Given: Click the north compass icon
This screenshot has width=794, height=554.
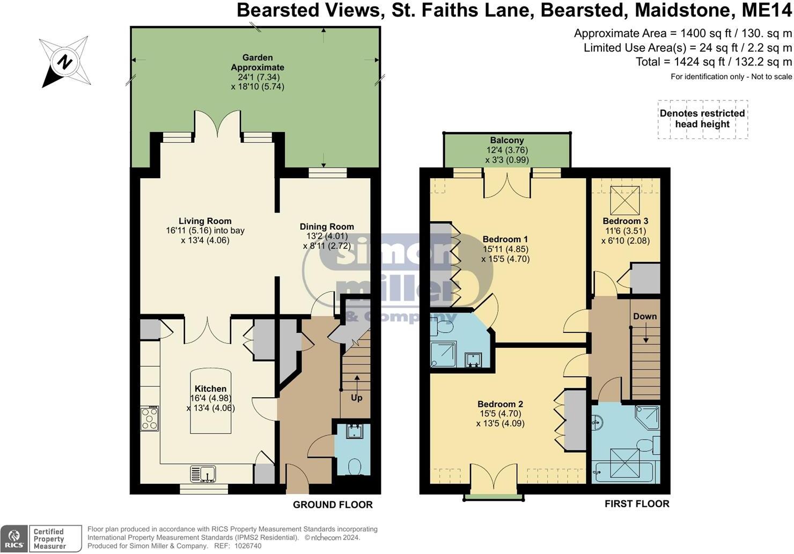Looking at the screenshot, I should pos(64,62).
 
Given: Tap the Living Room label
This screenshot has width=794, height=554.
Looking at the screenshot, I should pos(205,221).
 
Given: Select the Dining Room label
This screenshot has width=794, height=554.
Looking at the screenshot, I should pos(327,227).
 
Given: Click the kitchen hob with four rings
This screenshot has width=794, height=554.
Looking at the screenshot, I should pos(149,419).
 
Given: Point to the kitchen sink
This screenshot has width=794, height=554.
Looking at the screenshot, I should pos(203,474).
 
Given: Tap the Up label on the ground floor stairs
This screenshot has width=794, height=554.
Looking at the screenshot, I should pos(356,398).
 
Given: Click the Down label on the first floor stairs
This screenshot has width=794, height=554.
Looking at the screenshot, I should pos(645,316).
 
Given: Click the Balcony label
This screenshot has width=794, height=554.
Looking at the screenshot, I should pos(506,140).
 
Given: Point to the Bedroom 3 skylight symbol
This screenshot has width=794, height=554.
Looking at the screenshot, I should pos(625,200).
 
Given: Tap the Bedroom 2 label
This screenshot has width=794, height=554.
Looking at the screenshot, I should pos(500,404).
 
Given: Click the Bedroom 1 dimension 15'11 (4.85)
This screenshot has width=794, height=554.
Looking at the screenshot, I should pos(505,249).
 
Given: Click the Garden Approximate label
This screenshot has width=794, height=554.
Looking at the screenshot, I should pos(258,62).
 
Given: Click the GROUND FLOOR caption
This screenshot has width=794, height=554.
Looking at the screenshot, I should pos(333,505).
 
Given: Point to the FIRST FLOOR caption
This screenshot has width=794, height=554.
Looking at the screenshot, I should pos(637,504).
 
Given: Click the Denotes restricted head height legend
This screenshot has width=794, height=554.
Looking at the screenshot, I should pos(702,119).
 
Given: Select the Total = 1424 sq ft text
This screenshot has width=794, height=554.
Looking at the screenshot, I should pos(714,62).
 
